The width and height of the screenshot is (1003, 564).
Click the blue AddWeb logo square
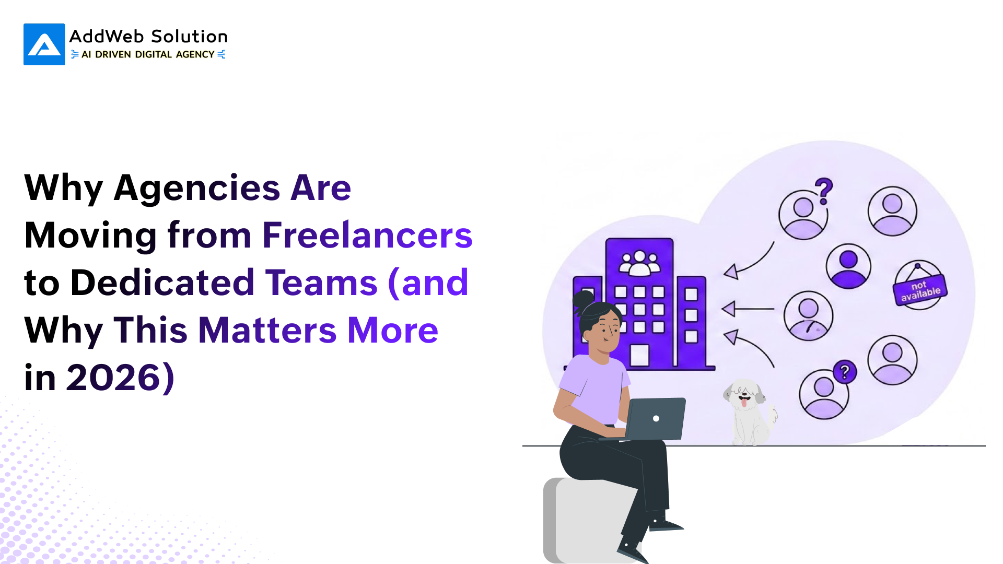[44, 44]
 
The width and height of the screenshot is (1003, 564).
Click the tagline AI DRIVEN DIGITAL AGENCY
[148, 54]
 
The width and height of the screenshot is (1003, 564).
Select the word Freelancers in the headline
[367, 235]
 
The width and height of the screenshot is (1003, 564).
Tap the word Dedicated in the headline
[162, 283]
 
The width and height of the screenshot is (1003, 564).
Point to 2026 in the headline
[114, 378]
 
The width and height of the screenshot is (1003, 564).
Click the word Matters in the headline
[267, 330]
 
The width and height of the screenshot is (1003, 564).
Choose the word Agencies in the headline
[197, 188]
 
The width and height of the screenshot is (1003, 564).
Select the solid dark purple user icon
[848, 266]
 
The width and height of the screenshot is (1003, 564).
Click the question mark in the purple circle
[845, 372]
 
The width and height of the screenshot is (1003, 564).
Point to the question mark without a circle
[824, 191]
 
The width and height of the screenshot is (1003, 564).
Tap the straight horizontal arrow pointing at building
[748, 309]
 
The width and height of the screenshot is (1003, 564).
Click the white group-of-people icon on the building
[639, 263]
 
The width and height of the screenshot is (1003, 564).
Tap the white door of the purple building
[639, 355]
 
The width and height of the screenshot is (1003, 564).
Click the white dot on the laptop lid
[656, 418]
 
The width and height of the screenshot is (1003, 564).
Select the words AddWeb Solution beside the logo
[148, 37]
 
